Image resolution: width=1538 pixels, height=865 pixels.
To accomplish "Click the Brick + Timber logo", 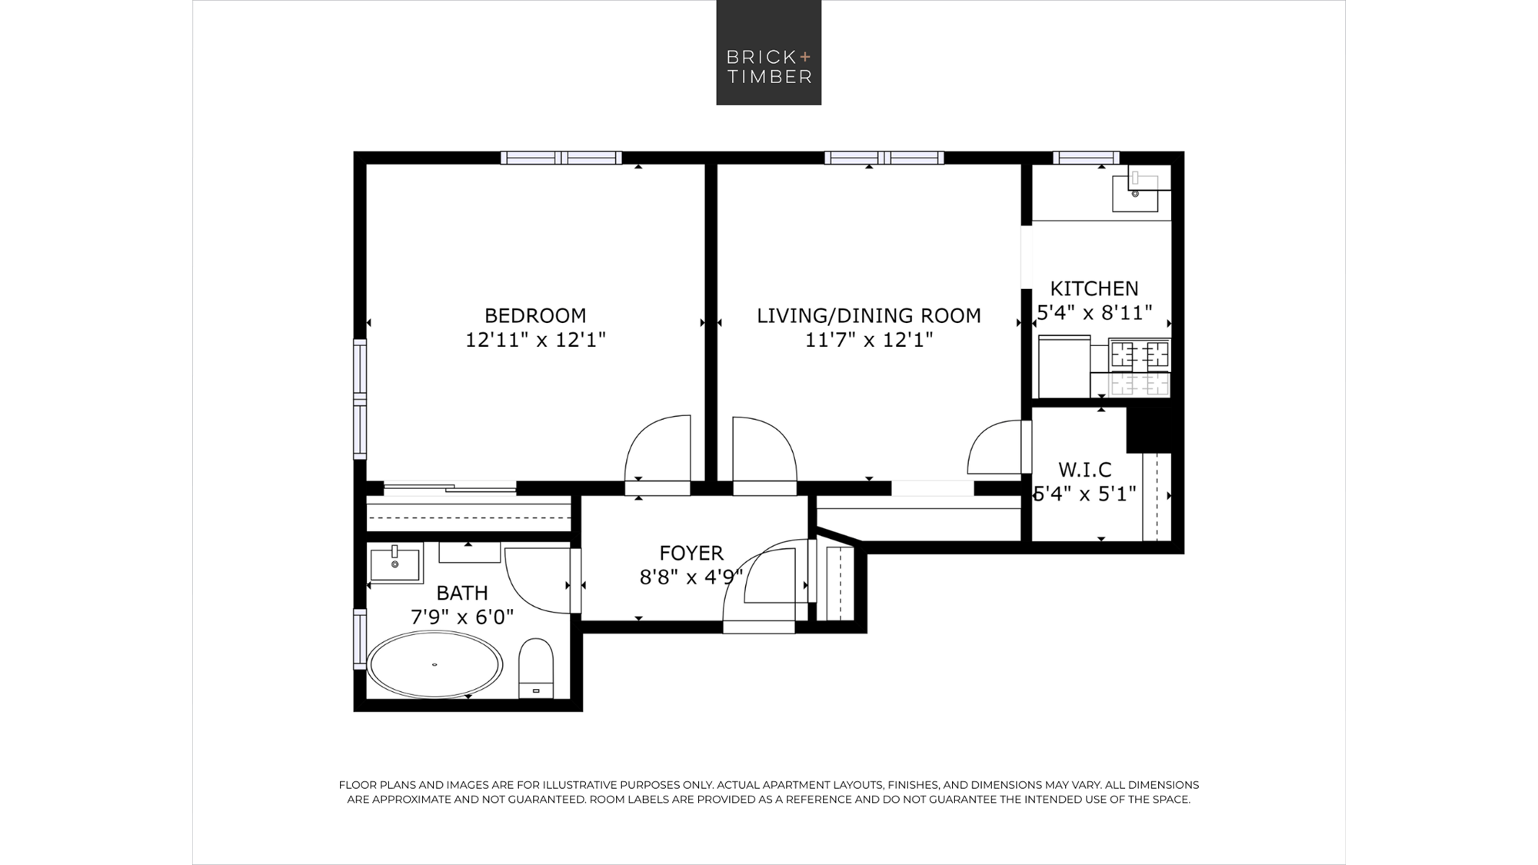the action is (x=769, y=52).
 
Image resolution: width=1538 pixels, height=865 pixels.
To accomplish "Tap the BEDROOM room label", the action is (x=535, y=315).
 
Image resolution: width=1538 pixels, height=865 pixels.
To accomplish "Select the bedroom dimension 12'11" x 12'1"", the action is (x=535, y=340).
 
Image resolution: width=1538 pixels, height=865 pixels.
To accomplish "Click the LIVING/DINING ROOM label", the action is (x=869, y=315).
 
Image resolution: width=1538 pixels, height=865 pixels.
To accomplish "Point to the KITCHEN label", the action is (x=1094, y=288).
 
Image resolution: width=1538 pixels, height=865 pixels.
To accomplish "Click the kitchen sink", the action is (x=1135, y=191).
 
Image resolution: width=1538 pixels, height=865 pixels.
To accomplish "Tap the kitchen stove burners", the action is (x=1140, y=368).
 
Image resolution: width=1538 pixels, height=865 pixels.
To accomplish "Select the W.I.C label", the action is (x=1085, y=469).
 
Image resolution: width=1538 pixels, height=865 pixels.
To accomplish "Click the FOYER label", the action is (x=691, y=553).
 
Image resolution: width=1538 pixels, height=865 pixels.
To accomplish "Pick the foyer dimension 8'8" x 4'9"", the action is (x=691, y=577).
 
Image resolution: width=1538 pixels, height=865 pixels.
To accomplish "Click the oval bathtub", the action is (x=434, y=664).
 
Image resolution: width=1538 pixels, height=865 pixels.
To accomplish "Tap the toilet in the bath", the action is (x=536, y=667).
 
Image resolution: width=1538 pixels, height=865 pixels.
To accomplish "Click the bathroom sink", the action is (x=395, y=563).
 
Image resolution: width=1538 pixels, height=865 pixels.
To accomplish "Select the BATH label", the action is (x=462, y=593).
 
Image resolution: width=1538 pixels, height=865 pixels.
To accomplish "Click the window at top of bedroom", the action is (x=561, y=158).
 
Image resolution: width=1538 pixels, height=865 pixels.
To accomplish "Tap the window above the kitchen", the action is (x=1086, y=158).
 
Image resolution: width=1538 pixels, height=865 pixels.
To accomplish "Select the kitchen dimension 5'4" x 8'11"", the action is (x=1094, y=313).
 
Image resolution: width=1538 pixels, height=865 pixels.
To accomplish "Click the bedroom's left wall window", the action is (x=360, y=399).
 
